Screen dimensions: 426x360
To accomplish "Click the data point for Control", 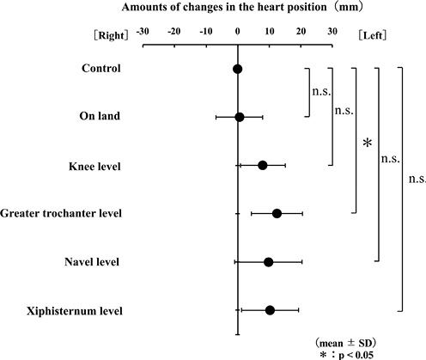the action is pos(237,69).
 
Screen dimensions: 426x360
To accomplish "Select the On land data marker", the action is pos(240,117).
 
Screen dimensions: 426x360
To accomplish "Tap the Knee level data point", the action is pos(263,165).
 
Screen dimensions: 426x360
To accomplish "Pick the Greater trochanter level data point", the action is pos(277,214).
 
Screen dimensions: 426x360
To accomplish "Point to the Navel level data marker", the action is pos(268,262).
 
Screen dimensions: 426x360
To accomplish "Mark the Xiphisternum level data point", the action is pos(270,310).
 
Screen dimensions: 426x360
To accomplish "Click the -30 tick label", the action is pos(143,32).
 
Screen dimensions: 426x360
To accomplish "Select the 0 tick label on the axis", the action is pos(237,32).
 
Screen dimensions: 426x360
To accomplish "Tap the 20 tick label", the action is pos(301,32).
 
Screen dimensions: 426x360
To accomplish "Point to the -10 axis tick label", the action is pos(206,32).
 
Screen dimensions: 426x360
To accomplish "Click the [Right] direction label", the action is pos(111,36).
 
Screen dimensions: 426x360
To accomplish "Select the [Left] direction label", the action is pos(372,35).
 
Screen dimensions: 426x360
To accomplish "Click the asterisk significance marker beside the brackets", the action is pos(368,143).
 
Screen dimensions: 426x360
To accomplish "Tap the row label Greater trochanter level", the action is pos(61,213).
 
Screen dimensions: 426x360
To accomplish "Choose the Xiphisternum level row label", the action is pos(75,311).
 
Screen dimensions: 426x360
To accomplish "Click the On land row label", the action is pos(100,116).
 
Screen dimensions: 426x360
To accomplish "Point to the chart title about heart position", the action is pos(242,7).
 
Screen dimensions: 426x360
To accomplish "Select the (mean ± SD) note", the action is pos(345,343).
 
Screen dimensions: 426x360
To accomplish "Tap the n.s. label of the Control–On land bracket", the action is pos(321,92).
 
